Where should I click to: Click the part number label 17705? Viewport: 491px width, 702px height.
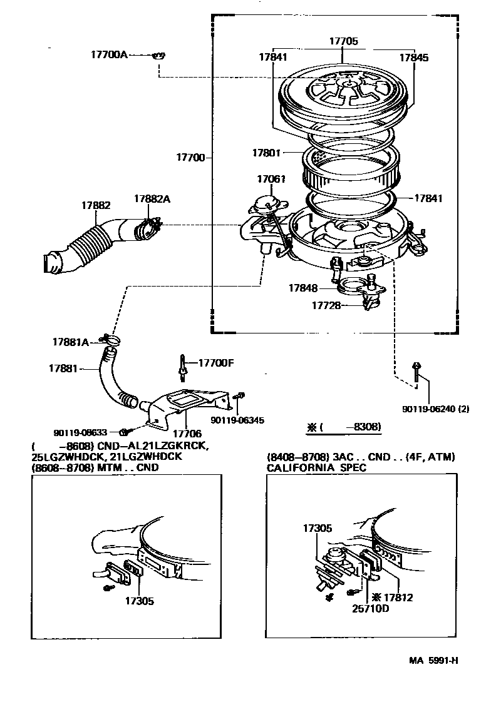click(x=344, y=41)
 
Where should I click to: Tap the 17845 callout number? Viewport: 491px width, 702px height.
click(x=414, y=57)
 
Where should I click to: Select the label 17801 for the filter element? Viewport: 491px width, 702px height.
click(x=267, y=152)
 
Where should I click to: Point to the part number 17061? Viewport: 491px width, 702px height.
click(x=271, y=179)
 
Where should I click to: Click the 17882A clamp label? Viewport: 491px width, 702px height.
click(x=152, y=199)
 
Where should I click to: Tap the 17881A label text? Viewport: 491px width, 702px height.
click(x=71, y=342)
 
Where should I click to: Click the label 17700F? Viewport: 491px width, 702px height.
click(x=216, y=363)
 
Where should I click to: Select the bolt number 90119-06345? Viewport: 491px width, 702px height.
click(x=237, y=420)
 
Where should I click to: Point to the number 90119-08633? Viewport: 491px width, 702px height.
click(x=81, y=432)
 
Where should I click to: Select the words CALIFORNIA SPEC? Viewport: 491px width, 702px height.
click(x=316, y=467)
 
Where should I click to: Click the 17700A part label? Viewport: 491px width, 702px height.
click(x=109, y=55)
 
